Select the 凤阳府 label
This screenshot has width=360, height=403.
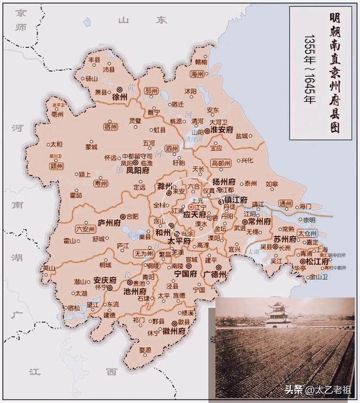tap(138, 169)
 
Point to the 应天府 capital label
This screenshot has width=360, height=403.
tap(195, 214)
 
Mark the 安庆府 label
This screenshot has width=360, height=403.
tap(105, 280)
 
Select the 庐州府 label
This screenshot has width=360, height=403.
tap(110, 222)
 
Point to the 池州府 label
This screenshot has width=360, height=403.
tap(135, 292)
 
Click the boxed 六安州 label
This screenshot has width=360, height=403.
tap(86, 229)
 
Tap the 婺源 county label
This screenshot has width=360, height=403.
tap(145, 350)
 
